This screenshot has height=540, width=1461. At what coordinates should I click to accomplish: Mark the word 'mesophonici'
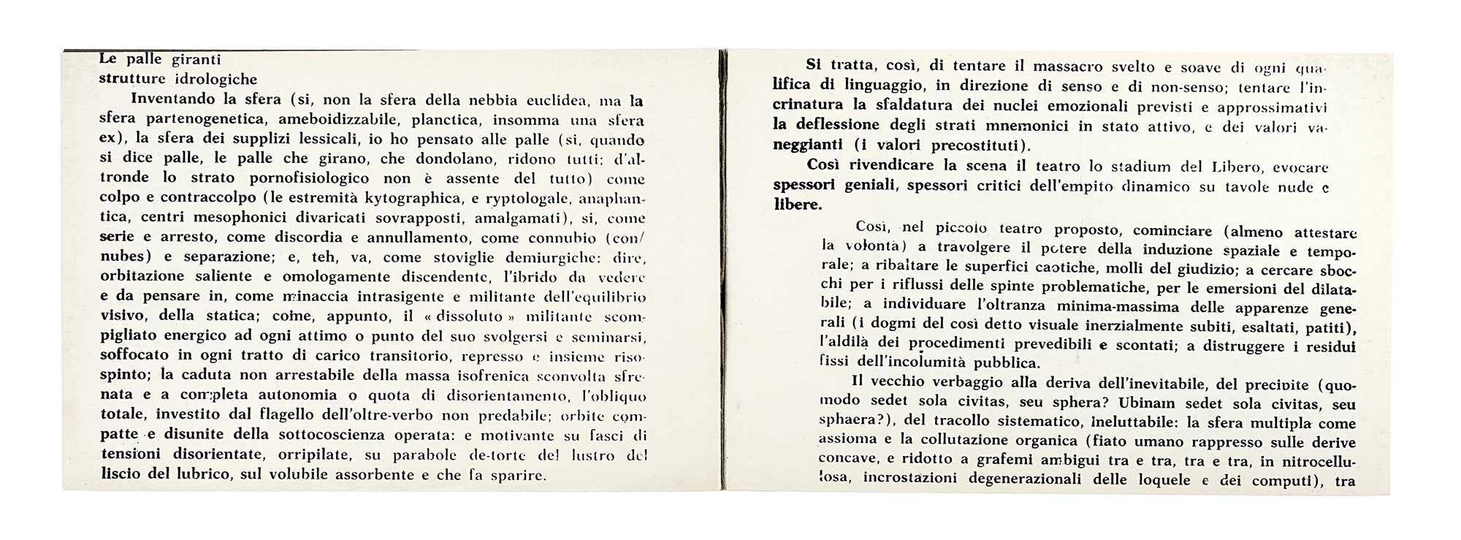click(253, 218)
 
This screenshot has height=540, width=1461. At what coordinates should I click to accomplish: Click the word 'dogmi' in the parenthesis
click(895, 324)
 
